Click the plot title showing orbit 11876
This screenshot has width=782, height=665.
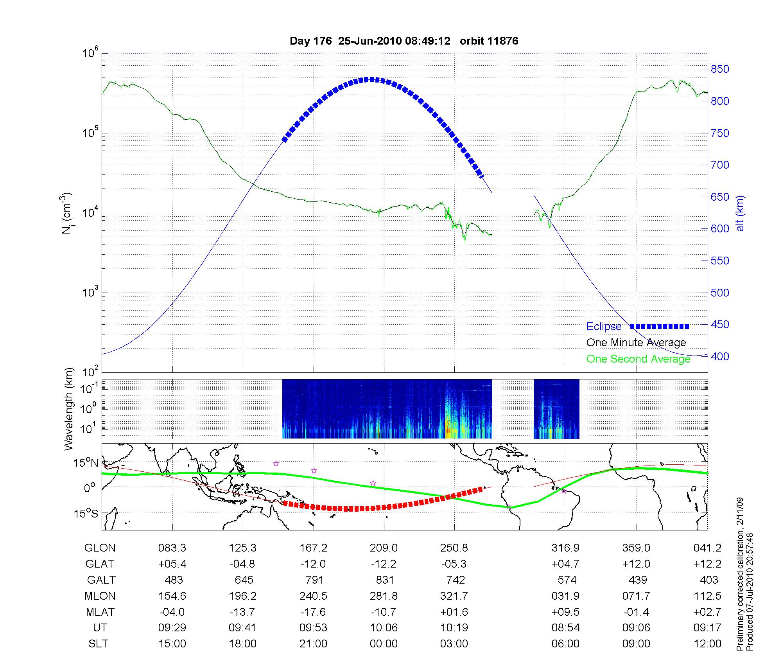point(404,41)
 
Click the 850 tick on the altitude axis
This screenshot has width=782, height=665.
point(720,69)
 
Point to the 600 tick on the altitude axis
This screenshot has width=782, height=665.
point(720,229)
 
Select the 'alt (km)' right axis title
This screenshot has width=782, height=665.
point(740,213)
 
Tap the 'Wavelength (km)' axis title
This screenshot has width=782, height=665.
point(69,409)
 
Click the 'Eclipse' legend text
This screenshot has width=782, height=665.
point(604,327)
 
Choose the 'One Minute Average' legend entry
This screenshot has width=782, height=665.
point(636,343)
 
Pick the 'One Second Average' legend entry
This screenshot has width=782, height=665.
point(638,359)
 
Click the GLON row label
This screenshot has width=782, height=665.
point(100,548)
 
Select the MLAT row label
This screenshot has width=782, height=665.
point(100,612)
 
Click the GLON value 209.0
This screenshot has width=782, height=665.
point(384,548)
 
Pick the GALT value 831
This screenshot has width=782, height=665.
point(384,580)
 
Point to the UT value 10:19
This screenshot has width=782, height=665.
point(454,628)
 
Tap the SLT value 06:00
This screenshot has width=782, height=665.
point(565,644)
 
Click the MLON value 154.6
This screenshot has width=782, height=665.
point(172,596)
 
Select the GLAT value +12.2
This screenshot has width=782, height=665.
point(707,564)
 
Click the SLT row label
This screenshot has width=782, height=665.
point(98,644)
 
